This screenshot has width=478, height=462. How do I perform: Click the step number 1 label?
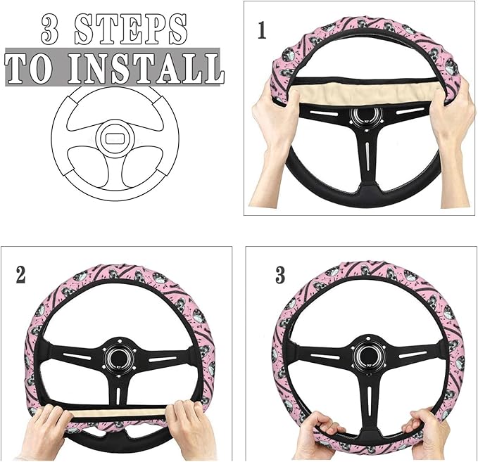tap(263, 31)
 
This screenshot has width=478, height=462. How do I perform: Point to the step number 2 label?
tap(20, 275)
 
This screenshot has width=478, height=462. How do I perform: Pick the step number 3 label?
tap(279, 275)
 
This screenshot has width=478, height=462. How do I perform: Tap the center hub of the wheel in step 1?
tap(365, 117)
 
